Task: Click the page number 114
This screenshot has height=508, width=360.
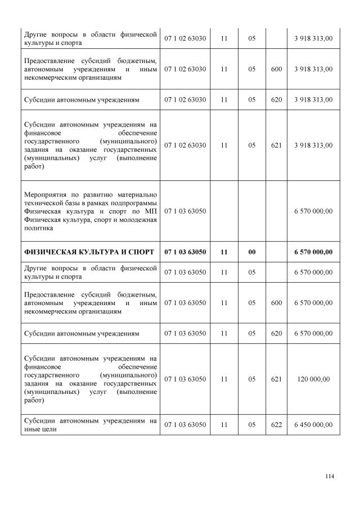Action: click(330, 477)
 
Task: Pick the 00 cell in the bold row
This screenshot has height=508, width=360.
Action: click(251, 252)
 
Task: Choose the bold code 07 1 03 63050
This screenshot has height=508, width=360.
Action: click(185, 252)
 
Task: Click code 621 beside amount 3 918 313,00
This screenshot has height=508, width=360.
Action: click(276, 145)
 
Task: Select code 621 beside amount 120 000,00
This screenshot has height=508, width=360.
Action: click(276, 379)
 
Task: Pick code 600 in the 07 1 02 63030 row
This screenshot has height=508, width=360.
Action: click(276, 69)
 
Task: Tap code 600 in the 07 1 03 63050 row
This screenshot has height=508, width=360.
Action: click(276, 302)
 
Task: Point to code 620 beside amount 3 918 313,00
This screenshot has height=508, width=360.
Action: click(276, 99)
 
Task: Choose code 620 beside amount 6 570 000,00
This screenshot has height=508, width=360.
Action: click(276, 333)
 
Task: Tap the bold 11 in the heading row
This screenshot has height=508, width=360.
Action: click(224, 252)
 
